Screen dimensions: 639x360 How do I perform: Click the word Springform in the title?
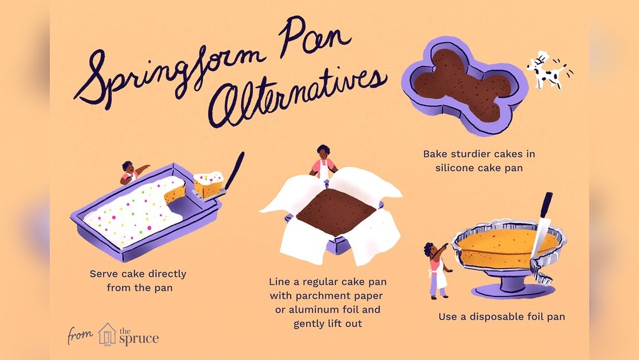coord(171,72)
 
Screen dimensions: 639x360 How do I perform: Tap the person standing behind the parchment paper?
coord(323,162)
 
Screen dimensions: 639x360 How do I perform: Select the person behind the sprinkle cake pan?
coord(131,172)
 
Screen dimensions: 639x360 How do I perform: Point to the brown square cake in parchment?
coord(336,212)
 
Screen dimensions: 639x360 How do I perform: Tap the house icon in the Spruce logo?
coord(107,334)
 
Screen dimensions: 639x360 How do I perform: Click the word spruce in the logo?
coord(139,338)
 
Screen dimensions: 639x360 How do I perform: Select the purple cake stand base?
coord(513,288)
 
